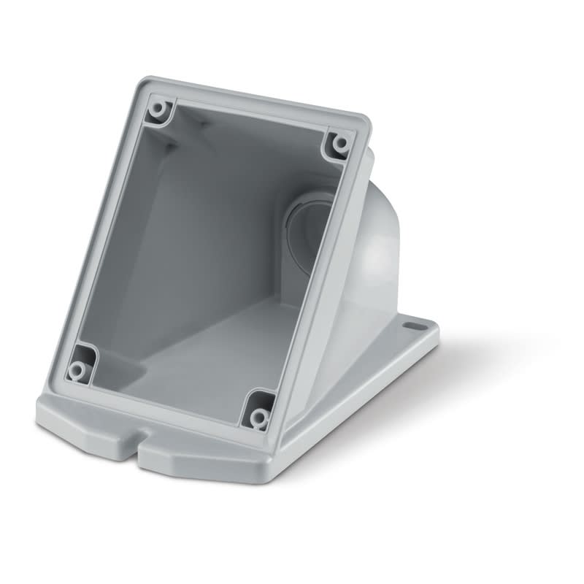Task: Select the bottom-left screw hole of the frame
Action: click(76, 370)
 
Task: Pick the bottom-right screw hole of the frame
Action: click(258, 417)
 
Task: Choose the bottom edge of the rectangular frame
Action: click(168, 409)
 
